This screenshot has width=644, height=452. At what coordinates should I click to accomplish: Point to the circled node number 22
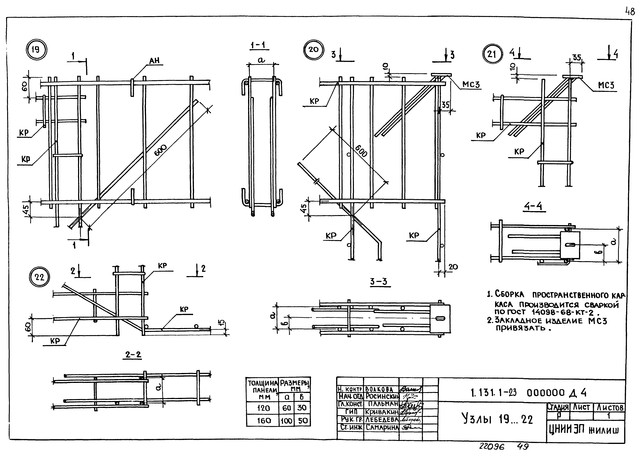(40, 277)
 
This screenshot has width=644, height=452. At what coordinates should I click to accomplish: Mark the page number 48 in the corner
(630, 12)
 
